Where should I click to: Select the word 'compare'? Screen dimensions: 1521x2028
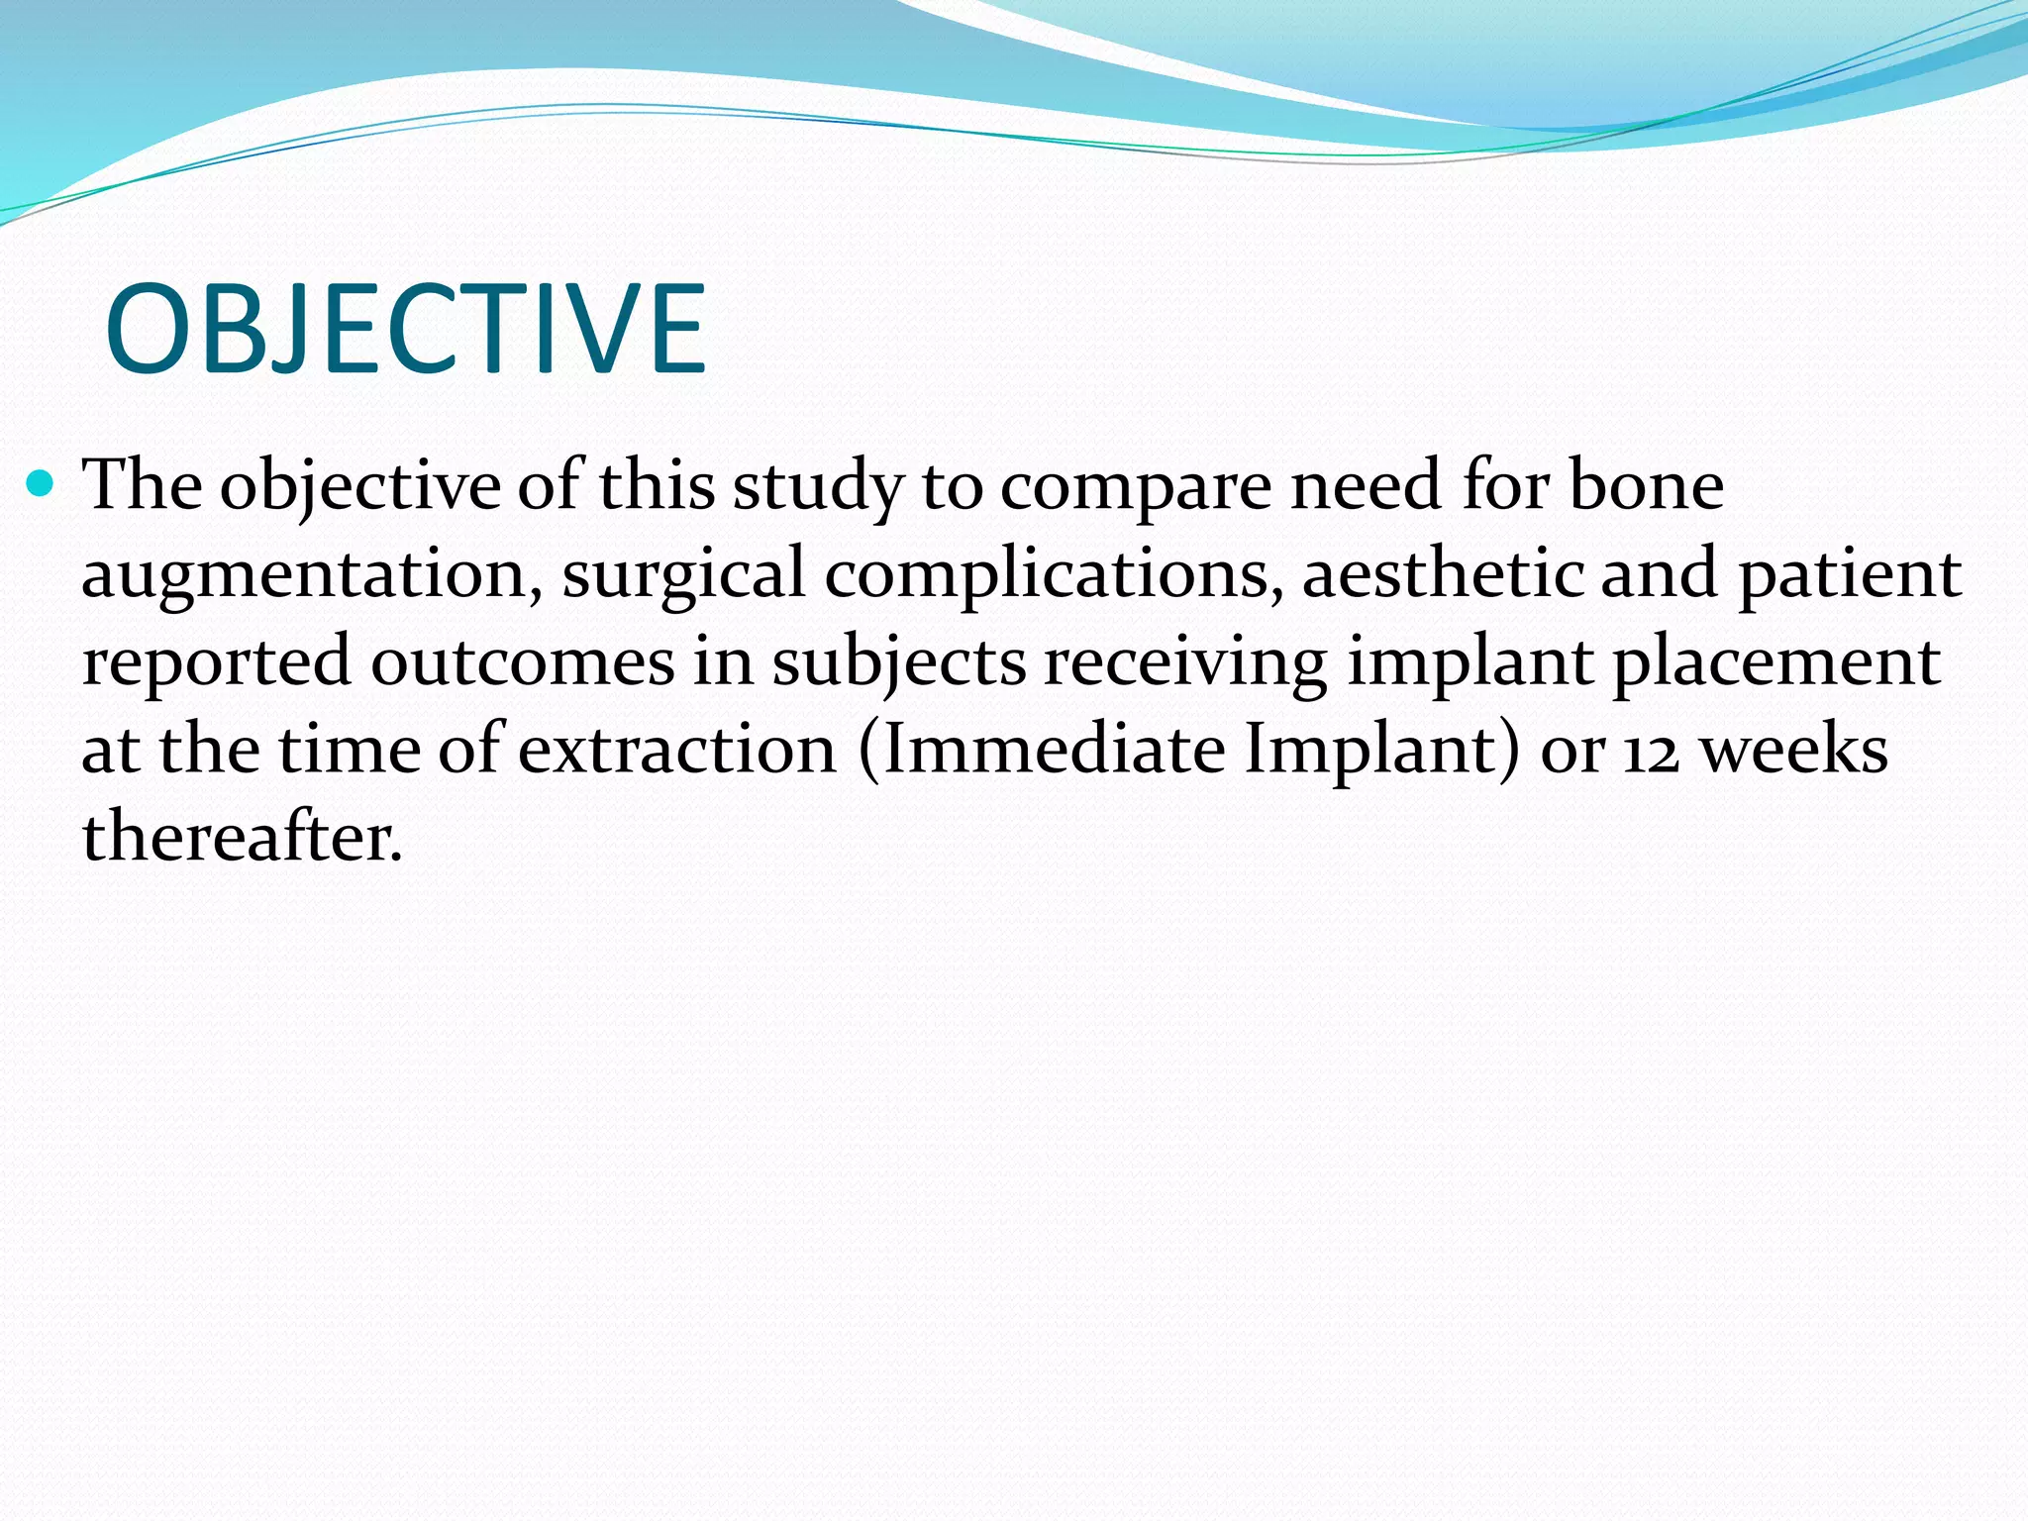tap(1135, 489)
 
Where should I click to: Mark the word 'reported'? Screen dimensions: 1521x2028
tap(216, 663)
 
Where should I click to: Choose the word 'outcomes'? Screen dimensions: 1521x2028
tap(523, 661)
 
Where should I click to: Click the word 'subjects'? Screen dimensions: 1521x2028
tap(899, 663)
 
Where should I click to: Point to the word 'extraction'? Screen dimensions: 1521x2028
tap(676, 750)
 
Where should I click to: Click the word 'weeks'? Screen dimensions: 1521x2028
tap(1793, 750)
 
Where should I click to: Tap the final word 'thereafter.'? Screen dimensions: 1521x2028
tap(243, 837)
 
